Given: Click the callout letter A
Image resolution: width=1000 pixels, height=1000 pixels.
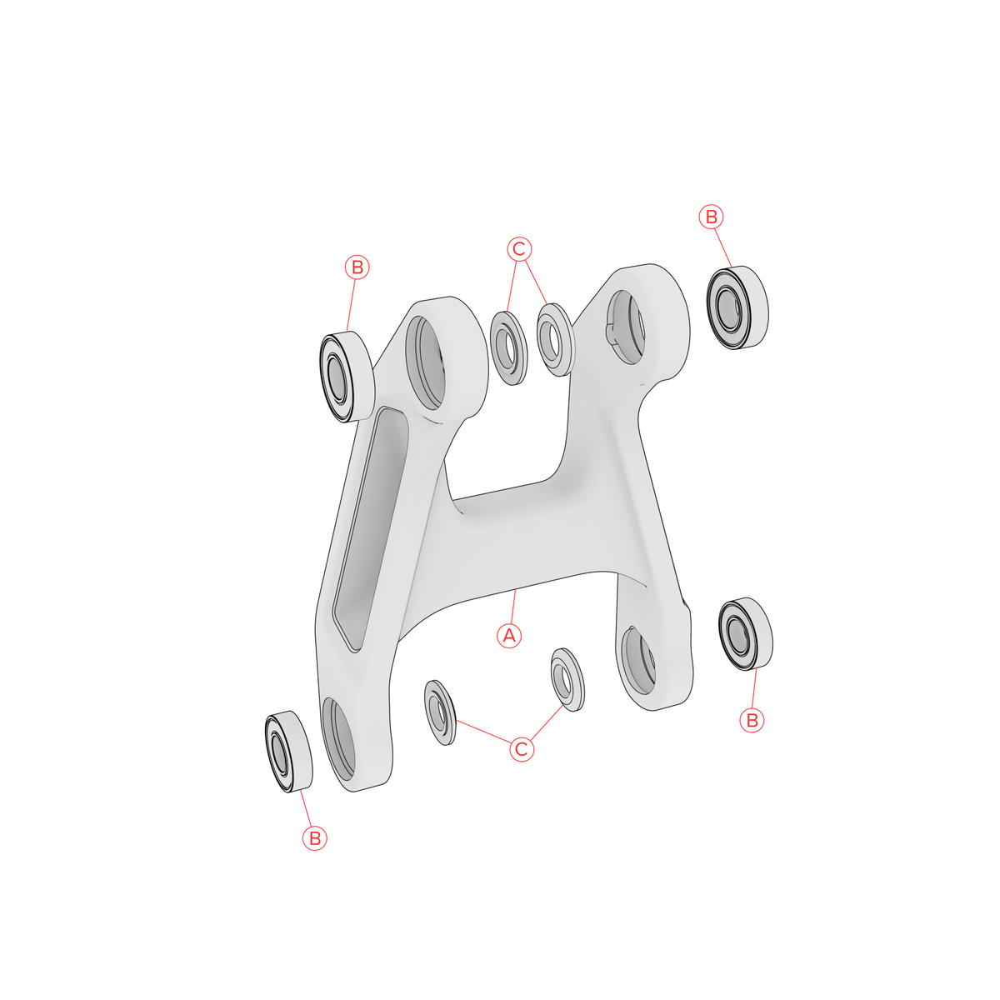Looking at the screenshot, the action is [x=509, y=635].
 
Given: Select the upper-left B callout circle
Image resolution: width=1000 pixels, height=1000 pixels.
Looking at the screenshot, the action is [x=357, y=267].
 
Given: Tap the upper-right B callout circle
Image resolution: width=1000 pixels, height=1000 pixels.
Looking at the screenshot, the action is [x=712, y=217].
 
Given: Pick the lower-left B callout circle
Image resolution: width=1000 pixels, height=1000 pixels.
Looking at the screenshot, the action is [x=315, y=838].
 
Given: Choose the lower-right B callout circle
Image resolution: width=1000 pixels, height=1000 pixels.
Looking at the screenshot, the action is [x=752, y=720].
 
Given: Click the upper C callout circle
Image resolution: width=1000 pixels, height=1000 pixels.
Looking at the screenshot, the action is [x=519, y=250].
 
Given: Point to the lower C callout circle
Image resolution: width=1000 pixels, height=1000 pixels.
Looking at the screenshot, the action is [x=522, y=749].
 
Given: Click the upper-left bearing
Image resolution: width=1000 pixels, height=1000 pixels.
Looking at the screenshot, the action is [x=347, y=377].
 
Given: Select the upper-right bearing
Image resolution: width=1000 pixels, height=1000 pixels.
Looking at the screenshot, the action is [x=737, y=307].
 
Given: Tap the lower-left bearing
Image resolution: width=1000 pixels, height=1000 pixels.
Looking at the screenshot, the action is [x=288, y=752].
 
